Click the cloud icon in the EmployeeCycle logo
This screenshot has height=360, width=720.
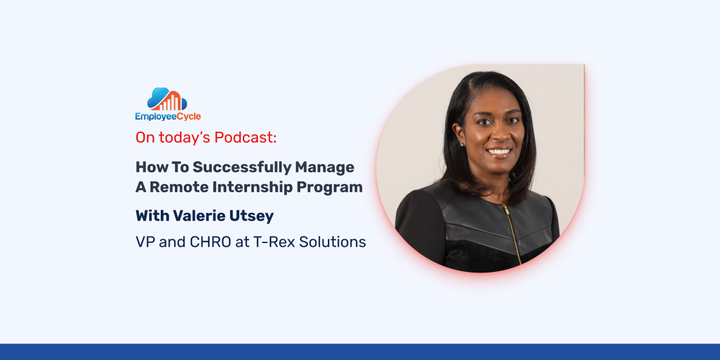(166, 99)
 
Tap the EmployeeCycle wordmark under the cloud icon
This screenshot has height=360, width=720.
(168, 116)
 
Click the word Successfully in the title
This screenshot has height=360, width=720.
(242, 168)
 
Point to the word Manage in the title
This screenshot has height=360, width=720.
(325, 168)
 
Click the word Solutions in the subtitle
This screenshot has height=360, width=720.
(332, 242)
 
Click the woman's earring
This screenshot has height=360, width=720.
(461, 144)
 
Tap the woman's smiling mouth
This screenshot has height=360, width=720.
(499, 152)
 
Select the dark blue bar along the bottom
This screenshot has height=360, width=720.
(360, 352)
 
